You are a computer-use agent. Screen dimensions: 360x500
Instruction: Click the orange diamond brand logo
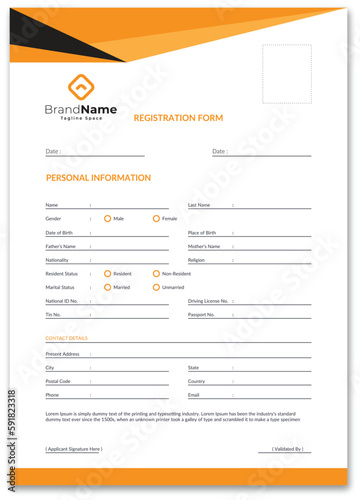click(x=80, y=86)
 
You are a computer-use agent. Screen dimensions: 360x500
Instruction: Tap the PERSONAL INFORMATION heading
click(x=98, y=178)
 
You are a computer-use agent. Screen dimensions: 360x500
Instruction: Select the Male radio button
click(x=107, y=218)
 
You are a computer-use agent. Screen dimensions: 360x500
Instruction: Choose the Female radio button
click(x=156, y=218)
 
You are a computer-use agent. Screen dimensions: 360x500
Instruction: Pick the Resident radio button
click(x=107, y=273)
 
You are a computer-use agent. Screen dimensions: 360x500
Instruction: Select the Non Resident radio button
click(x=156, y=273)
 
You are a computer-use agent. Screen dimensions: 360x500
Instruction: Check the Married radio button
click(x=107, y=287)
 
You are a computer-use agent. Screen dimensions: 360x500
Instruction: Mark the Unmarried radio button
click(x=156, y=287)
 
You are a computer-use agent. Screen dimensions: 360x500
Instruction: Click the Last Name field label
click(x=199, y=204)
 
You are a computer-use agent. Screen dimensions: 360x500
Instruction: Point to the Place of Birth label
click(x=203, y=232)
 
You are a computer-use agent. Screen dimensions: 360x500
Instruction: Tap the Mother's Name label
click(x=204, y=246)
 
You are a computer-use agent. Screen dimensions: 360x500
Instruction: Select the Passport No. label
click(x=202, y=314)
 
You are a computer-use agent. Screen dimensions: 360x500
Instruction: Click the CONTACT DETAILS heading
click(x=67, y=338)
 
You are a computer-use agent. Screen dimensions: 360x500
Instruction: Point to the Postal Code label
click(x=58, y=381)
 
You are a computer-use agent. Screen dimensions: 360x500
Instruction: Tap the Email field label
click(x=194, y=395)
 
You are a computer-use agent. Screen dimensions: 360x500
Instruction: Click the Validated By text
click(x=287, y=449)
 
